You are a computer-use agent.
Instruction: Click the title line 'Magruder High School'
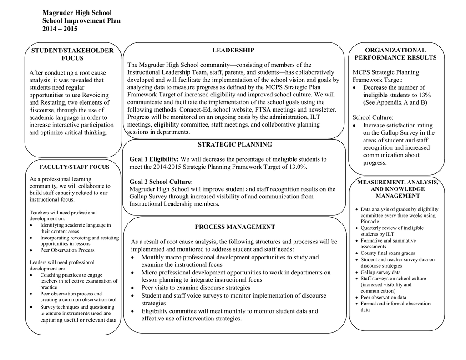point(77,13)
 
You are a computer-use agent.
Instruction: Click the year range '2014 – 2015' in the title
point(60,29)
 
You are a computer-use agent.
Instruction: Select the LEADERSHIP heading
point(233,50)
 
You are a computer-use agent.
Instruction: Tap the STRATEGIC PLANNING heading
point(235,145)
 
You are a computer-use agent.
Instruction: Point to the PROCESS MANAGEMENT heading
point(235,227)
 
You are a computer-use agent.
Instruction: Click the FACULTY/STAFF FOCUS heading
point(74,167)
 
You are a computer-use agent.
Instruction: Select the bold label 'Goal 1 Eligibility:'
point(154,159)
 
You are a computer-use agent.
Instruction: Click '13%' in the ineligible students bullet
point(423,95)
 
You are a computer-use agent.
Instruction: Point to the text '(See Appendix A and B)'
point(395,102)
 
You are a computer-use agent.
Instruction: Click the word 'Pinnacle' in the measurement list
point(370,221)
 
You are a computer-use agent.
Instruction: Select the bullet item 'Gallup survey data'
point(380,272)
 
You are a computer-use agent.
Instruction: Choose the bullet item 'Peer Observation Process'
point(67,250)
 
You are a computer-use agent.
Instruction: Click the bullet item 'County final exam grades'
point(388,253)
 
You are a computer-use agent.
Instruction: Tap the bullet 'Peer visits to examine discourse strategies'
point(196,288)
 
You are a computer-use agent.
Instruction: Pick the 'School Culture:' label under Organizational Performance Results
point(373,117)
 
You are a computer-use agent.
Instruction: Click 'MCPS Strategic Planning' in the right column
point(386,72)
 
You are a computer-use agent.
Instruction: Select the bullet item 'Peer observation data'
point(383,297)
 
